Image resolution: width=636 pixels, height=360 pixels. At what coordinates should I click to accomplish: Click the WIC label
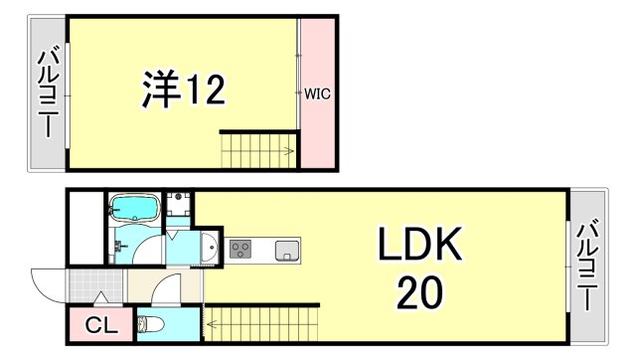click(x=317, y=94)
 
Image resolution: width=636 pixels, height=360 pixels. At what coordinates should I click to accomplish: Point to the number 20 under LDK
click(x=419, y=292)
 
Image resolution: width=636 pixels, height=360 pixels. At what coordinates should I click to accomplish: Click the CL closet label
click(x=98, y=325)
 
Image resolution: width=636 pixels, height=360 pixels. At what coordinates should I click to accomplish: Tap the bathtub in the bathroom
click(x=133, y=208)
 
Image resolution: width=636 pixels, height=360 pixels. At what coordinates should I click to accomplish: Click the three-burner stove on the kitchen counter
click(x=241, y=249)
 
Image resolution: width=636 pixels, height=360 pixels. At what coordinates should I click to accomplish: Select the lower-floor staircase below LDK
click(x=260, y=324)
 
